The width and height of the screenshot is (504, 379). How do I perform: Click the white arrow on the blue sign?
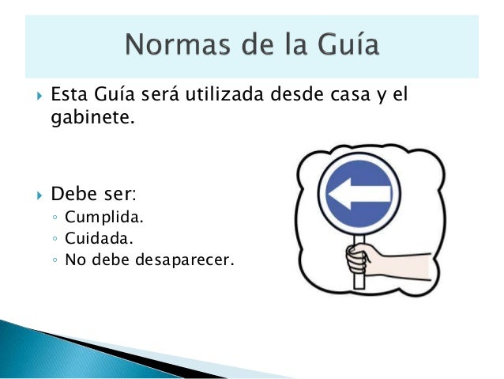pyautogui.click(x=359, y=193)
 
